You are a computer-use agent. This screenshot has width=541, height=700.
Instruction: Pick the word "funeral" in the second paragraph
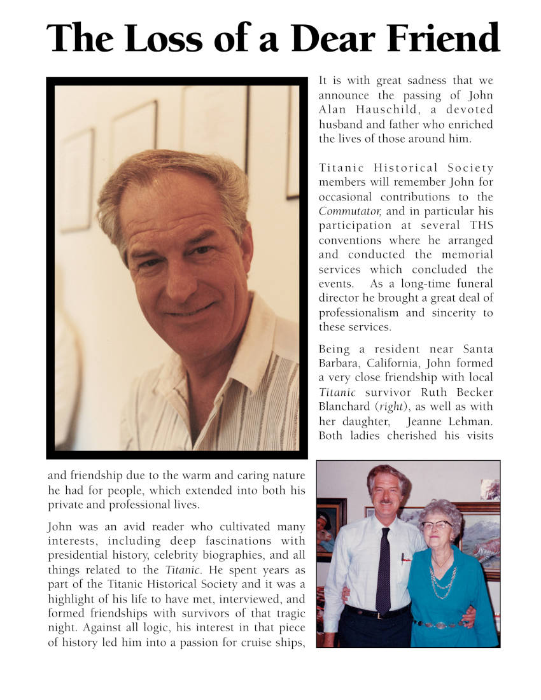[473, 284]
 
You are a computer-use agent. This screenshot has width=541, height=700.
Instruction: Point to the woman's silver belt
[439, 624]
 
